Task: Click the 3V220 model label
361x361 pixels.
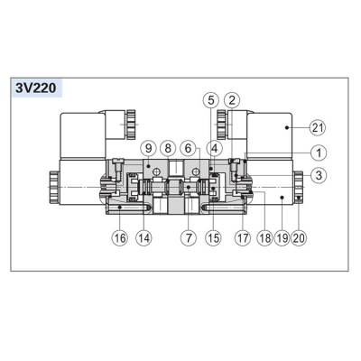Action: click(36, 88)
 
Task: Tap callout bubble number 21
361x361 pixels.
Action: click(318, 128)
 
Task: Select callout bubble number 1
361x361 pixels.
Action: click(318, 153)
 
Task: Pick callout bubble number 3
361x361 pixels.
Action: click(318, 175)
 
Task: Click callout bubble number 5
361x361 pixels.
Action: click(211, 100)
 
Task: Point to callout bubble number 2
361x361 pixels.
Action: click(232, 100)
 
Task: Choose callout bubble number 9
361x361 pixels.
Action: click(149, 148)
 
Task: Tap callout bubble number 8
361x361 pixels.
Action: click(168, 148)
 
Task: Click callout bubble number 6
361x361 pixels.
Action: click(188, 148)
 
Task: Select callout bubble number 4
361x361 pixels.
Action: click(215, 148)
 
